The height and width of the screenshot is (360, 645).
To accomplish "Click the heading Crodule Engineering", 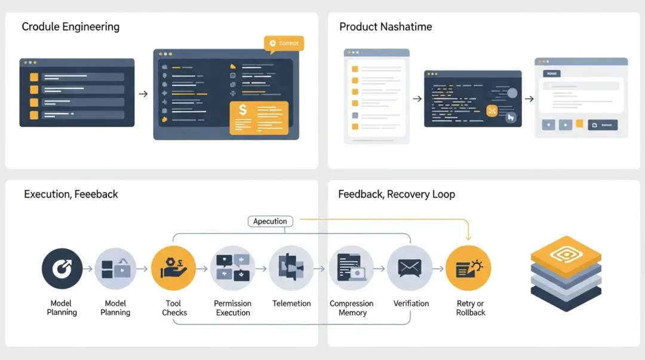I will pyautogui.click(x=70, y=27).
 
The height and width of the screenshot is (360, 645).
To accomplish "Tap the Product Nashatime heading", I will pyautogui.click(x=385, y=27).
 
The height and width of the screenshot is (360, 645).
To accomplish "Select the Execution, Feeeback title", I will pyautogui.click(x=71, y=194).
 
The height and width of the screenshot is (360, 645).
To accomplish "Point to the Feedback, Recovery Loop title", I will pyautogui.click(x=397, y=194).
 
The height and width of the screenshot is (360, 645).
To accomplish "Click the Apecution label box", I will pyautogui.click(x=270, y=221).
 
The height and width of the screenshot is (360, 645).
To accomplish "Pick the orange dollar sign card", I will pyautogui.click(x=259, y=118).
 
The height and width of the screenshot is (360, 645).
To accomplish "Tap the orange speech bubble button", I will pyautogui.click(x=284, y=44).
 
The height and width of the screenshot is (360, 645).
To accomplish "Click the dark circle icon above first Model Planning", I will pyautogui.click(x=62, y=269).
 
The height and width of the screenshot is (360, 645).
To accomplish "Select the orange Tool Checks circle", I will pyautogui.click(x=174, y=269).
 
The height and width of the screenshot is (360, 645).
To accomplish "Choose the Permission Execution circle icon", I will pyautogui.click(x=233, y=269).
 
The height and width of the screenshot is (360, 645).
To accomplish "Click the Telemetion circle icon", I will pyautogui.click(x=291, y=269).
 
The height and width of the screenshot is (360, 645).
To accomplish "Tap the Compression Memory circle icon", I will pyautogui.click(x=351, y=269).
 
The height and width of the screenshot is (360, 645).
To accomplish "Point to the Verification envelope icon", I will pyautogui.click(x=410, y=269).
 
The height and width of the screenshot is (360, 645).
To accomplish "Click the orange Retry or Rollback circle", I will pyautogui.click(x=469, y=269).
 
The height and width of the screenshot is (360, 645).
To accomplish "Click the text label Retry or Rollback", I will pyautogui.click(x=470, y=308).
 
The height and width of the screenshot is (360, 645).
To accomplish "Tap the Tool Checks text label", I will pyautogui.click(x=174, y=308).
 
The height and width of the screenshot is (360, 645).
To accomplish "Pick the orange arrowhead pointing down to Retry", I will pyautogui.click(x=469, y=238).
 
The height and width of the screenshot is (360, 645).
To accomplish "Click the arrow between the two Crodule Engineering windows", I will pyautogui.click(x=143, y=94).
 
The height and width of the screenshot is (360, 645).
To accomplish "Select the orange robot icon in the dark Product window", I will pyautogui.click(x=492, y=110).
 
